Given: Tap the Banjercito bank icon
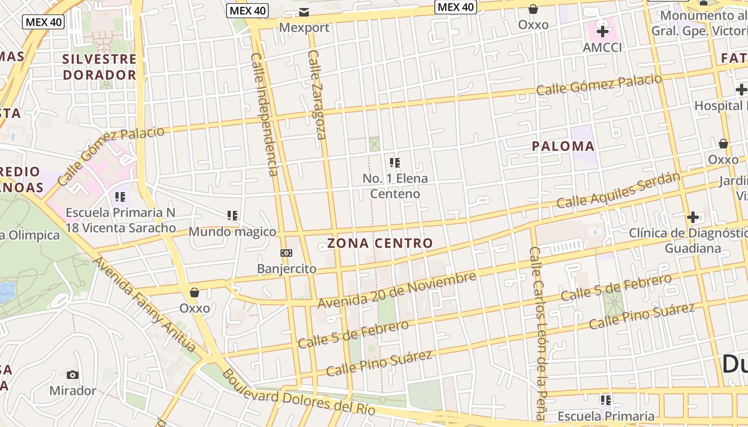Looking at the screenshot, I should point(286,253).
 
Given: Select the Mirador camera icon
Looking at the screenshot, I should point(73,375).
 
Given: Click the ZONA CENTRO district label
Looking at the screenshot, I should point(380,243).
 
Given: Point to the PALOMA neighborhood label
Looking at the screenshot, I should point(563,146).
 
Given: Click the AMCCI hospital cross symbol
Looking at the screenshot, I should point(603,31).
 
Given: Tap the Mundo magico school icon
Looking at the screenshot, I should point(232,216).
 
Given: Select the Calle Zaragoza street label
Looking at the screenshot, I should point(317,94).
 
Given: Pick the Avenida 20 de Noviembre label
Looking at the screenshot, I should point(396,290).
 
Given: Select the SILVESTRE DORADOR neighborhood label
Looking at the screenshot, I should point(99,67).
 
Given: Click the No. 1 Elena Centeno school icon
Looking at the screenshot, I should point(395,162).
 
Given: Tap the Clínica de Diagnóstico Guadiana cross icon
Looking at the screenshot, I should point(693,217).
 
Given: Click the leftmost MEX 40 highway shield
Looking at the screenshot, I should point(43,22).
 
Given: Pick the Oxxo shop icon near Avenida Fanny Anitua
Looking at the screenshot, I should point(194,292).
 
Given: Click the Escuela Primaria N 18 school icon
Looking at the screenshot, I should point(120,197).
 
